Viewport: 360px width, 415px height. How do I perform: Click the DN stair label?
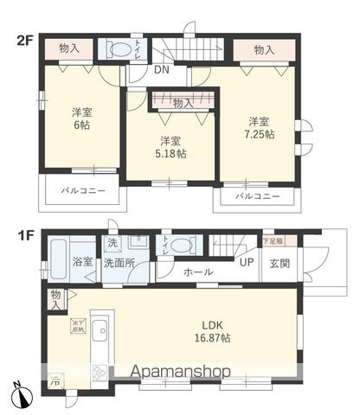point(162,71)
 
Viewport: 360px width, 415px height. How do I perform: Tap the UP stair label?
point(247,262)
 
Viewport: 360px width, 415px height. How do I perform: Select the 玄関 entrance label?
point(280,263)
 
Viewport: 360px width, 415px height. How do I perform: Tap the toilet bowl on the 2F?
point(119,48)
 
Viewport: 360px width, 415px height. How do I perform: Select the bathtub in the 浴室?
point(59,259)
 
